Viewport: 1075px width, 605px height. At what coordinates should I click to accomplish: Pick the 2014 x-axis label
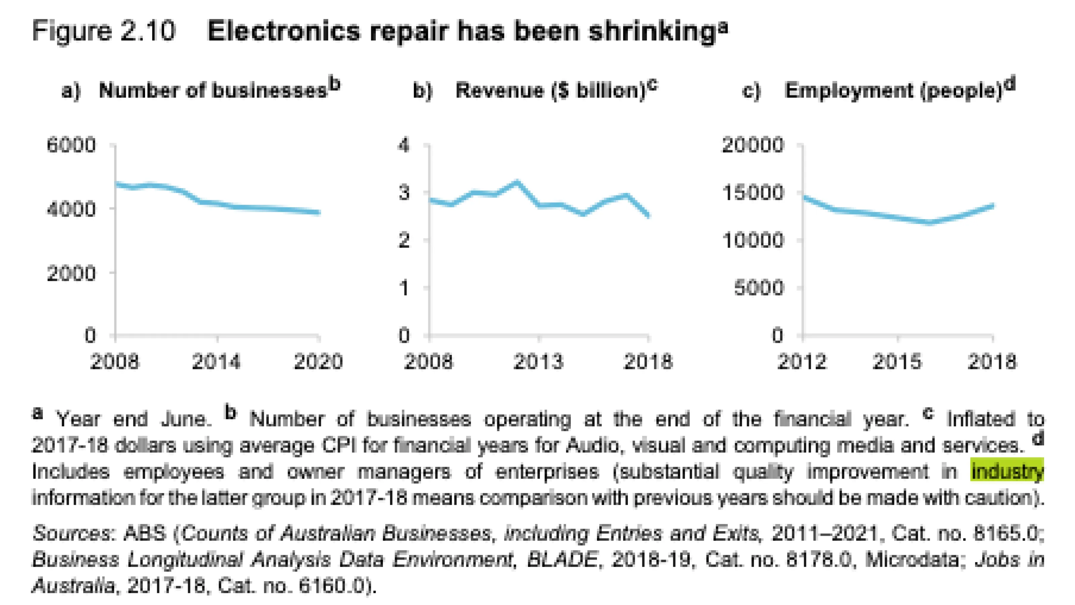click(x=217, y=362)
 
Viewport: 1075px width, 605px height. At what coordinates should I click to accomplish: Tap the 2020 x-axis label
click(x=318, y=362)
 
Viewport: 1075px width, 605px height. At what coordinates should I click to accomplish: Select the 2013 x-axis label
click(x=539, y=362)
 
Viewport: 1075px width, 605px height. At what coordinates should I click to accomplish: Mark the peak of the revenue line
click(x=517, y=182)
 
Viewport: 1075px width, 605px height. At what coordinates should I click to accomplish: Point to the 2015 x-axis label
click(x=897, y=362)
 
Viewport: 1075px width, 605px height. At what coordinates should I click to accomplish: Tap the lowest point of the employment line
click(x=929, y=223)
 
